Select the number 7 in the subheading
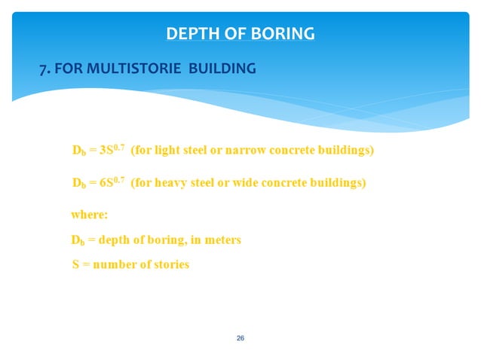(43, 69)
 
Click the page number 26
(240, 338)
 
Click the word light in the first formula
(170, 151)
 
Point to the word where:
(90, 215)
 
